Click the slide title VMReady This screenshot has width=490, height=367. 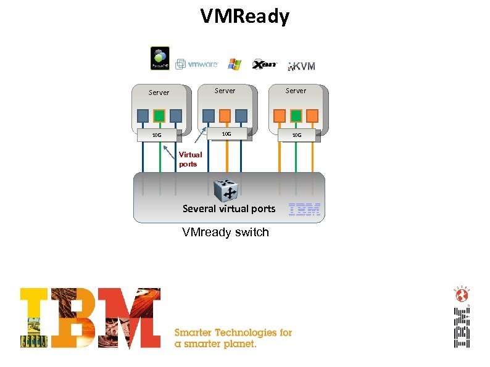[x=244, y=17]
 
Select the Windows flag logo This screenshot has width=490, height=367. [x=235, y=64]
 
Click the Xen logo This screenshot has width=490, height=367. [x=264, y=64]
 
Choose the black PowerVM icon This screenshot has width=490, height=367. [x=160, y=58]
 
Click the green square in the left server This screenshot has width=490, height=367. [x=159, y=115]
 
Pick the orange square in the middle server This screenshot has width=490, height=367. [x=225, y=115]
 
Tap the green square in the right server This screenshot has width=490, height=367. [x=296, y=115]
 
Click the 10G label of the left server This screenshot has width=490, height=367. [x=157, y=134]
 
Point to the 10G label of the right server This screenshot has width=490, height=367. [x=297, y=134]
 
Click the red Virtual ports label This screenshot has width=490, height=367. [x=190, y=159]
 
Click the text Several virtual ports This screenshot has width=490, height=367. [x=229, y=208]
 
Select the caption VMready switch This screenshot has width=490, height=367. [x=225, y=233]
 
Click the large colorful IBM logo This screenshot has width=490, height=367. [x=90, y=318]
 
